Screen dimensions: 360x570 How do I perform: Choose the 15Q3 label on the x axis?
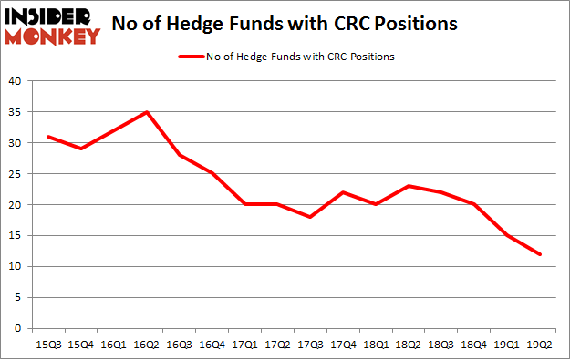click(x=48, y=345)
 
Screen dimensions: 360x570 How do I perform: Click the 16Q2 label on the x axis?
click(x=147, y=345)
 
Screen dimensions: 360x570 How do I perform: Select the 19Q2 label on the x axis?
click(x=541, y=345)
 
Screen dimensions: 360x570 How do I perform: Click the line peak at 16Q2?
click(x=147, y=112)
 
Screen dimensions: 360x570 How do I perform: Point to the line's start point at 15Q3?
click(x=48, y=137)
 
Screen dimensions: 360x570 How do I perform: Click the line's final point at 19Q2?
click(x=541, y=254)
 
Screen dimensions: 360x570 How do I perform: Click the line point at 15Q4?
click(x=81, y=149)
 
